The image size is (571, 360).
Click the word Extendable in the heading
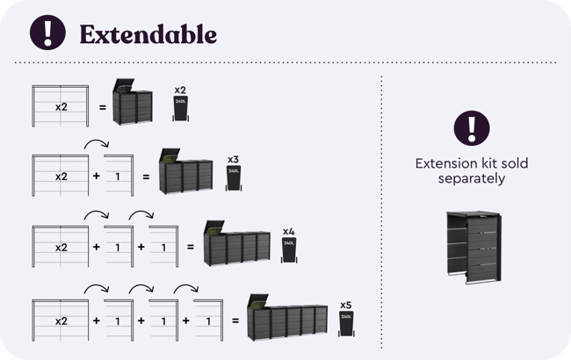click(148, 34)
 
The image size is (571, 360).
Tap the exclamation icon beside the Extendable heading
click(47, 32)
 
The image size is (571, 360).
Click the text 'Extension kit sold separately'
click(471, 170)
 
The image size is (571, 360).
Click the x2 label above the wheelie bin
click(179, 90)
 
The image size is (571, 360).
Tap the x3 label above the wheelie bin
click(233, 159)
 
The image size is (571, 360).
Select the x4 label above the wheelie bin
click(288, 231)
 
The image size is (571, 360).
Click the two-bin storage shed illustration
click(134, 106)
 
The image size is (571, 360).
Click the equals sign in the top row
click(102, 107)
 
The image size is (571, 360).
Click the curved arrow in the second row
click(96, 144)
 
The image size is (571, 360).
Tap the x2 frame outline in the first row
click(61, 106)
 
